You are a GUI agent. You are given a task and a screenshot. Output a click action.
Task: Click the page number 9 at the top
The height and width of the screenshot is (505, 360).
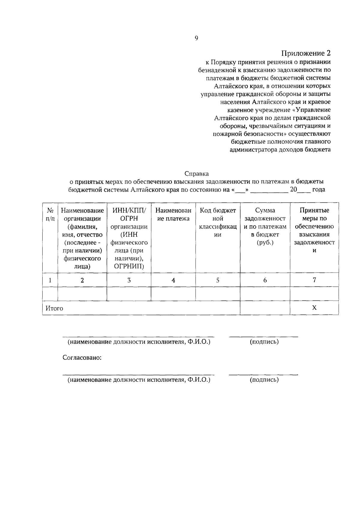click(196, 38)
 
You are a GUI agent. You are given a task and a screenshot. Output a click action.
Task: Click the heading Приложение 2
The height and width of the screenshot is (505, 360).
click(306, 54)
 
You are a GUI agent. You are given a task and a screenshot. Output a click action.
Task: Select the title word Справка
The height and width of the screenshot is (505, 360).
click(196, 174)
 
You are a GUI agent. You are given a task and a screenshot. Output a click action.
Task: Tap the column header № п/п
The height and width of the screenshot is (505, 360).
click(50, 214)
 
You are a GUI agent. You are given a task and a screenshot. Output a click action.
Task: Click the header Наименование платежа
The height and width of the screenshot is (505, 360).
click(173, 214)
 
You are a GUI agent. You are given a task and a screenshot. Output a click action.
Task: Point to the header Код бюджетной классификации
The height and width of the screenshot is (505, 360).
click(218, 223)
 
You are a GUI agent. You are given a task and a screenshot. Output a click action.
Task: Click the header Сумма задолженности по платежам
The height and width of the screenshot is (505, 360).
click(265, 226)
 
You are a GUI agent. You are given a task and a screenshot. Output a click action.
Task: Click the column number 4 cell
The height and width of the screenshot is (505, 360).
click(173, 280)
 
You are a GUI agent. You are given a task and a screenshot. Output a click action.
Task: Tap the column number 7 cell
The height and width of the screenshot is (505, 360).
click(314, 280)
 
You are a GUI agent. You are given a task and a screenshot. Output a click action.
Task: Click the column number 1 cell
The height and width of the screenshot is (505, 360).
click(50, 280)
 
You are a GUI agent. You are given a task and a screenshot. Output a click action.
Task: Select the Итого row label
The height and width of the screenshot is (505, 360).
click(54, 308)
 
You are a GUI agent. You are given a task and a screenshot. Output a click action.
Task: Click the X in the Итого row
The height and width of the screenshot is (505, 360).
click(314, 308)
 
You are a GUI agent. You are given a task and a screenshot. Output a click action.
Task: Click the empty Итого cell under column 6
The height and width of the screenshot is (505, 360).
click(265, 308)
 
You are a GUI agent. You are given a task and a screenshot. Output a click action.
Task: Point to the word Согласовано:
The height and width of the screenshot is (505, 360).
click(82, 358)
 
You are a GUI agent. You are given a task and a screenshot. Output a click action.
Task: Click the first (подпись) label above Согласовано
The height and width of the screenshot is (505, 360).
click(264, 342)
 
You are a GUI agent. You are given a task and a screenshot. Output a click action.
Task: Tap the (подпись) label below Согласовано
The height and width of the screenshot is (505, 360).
click(264, 380)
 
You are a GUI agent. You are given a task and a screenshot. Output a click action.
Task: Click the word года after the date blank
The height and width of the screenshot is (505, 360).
click(319, 190)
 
